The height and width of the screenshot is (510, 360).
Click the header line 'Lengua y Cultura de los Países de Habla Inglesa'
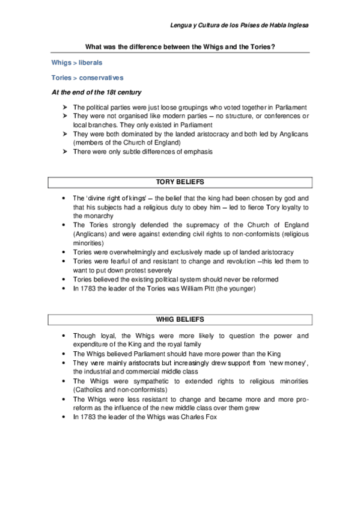coord(240,25)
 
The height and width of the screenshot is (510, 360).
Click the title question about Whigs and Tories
coord(180,46)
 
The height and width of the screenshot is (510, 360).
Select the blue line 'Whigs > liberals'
coord(77,62)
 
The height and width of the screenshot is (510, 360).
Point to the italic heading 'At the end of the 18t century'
coord(97,92)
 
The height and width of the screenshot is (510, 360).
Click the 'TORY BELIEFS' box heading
coord(180,181)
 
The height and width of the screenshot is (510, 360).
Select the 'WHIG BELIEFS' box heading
coord(180,318)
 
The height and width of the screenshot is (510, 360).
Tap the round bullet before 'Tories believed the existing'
coord(64,280)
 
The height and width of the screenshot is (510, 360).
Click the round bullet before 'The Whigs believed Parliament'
coord(64,354)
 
